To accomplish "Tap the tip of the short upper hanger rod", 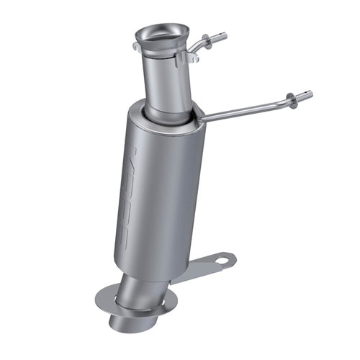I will [x=224, y=35].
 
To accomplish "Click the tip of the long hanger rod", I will [x=310, y=94].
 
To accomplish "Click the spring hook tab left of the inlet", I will [x=136, y=47].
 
